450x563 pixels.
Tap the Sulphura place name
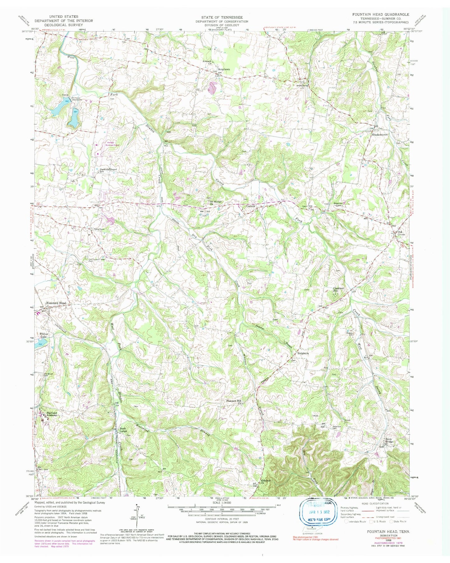coord(302,354)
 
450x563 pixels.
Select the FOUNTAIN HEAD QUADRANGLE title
coord(381,15)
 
